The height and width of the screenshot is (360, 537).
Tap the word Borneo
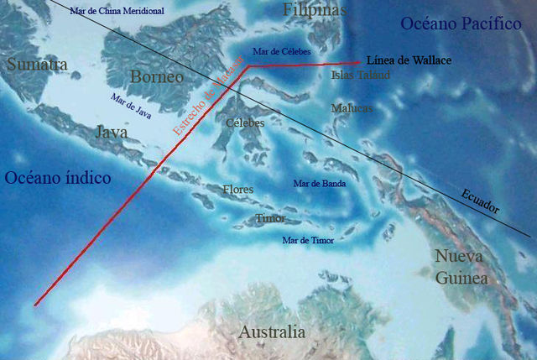157,78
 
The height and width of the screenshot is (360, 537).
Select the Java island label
112,133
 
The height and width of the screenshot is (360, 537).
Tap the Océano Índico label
58,178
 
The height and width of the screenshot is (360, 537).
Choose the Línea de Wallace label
409,61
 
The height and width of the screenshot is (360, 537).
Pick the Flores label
237,190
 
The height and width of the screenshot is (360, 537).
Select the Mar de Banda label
320,183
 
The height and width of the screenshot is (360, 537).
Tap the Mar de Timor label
308,241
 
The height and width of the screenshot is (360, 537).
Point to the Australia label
273,332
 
